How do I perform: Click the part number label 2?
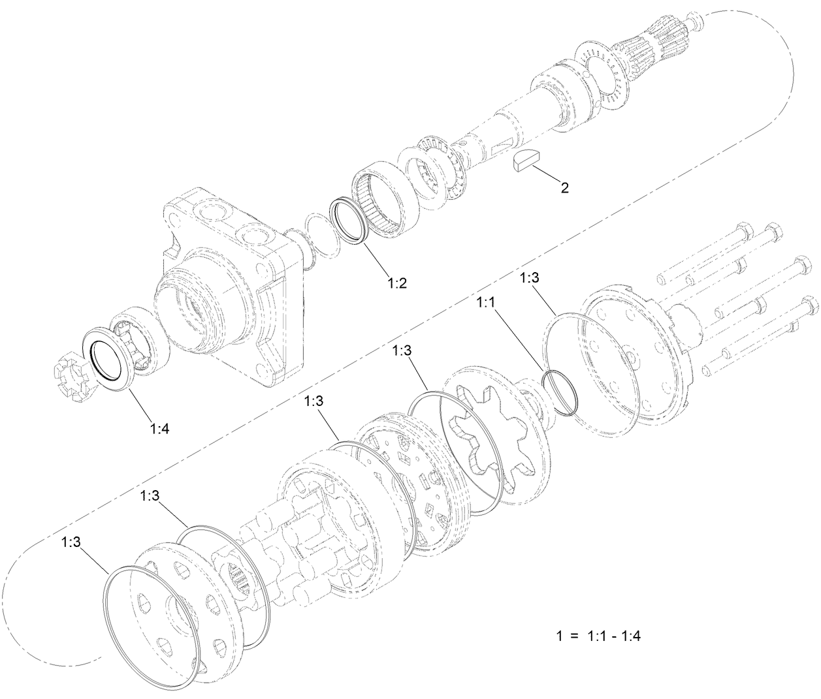pyautogui.click(x=564, y=188)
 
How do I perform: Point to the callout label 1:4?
pyautogui.click(x=160, y=428)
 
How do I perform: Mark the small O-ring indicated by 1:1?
pyautogui.click(x=561, y=392)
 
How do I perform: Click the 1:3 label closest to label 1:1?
pyautogui.click(x=530, y=278)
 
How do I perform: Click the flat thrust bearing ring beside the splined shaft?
pyautogui.click(x=604, y=79)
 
